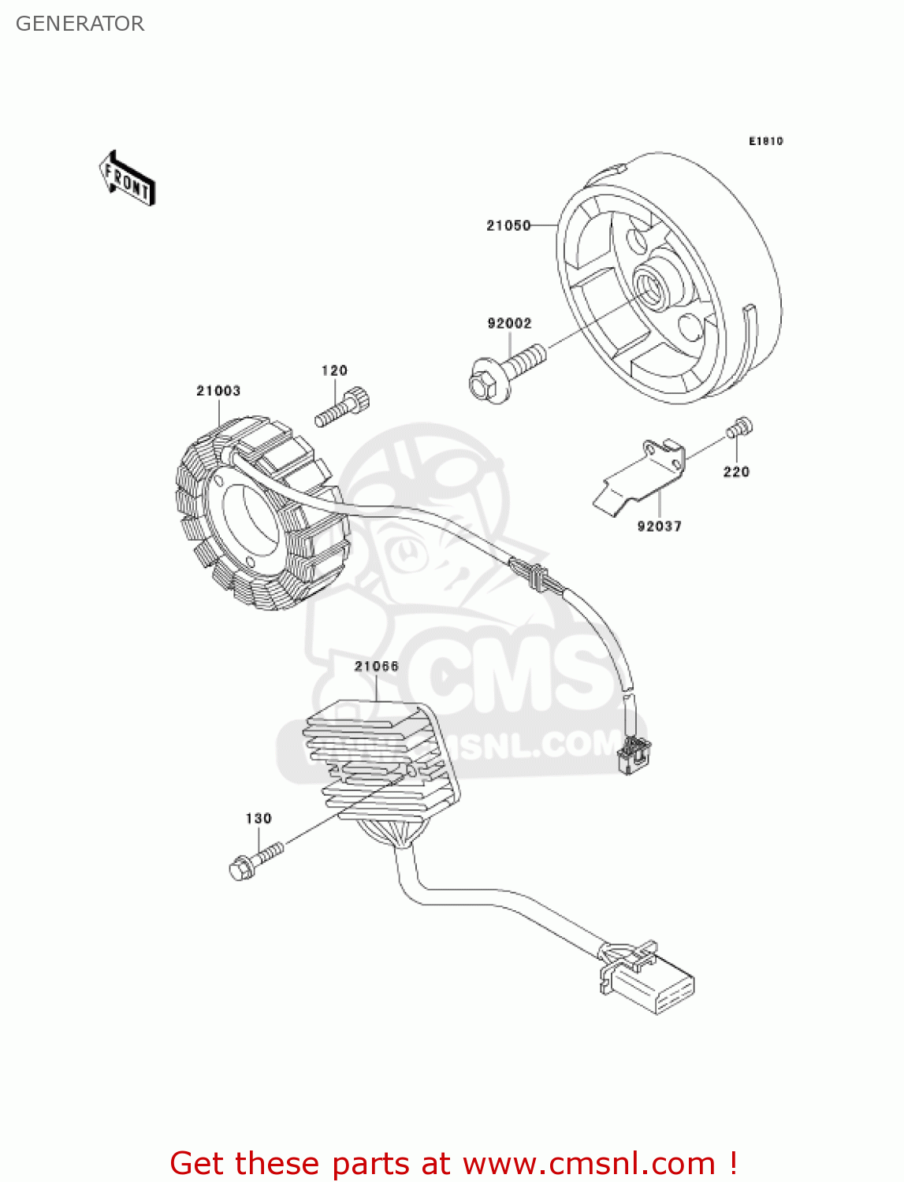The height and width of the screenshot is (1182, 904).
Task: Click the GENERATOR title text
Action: pos(80,24)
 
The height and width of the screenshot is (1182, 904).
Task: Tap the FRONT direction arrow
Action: pos(127,179)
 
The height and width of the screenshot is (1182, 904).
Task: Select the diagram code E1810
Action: pos(765,141)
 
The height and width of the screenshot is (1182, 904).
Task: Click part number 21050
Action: pos(508,225)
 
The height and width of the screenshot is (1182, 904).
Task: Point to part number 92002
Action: pos(509,323)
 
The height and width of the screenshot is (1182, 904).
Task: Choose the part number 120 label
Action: pos(334,370)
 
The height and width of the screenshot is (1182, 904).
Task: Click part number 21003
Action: pos(218,391)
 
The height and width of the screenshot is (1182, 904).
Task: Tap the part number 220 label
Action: pos(736,472)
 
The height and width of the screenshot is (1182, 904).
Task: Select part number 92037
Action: pos(660,526)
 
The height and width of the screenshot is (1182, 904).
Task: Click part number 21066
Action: pos(377,667)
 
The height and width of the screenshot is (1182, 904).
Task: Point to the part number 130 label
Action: pos(259,819)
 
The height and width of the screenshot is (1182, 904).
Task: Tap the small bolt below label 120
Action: pos(343,407)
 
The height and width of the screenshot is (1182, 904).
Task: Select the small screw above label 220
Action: pos(738,428)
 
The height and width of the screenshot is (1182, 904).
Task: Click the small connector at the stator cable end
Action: pos(634,755)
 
